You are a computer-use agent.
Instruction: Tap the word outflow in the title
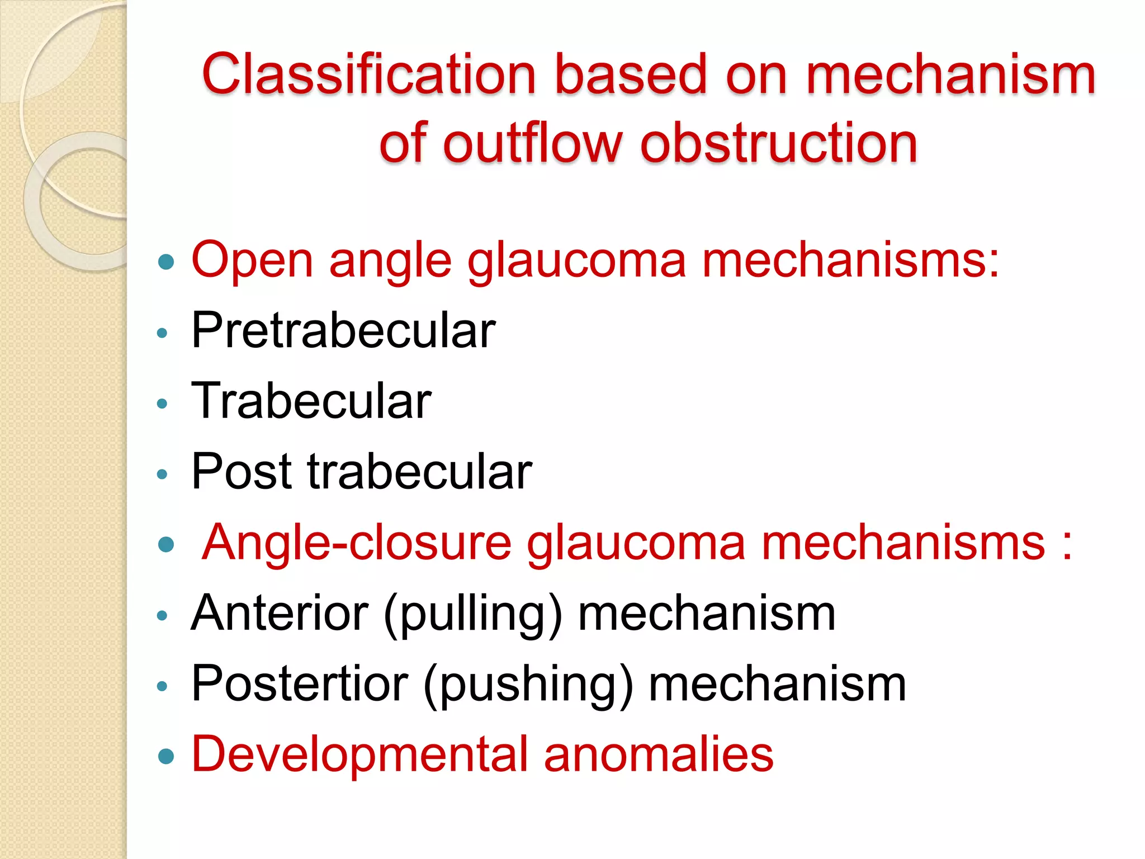[x=532, y=144]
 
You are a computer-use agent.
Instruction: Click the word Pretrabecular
[x=343, y=331]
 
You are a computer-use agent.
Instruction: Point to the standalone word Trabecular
[x=311, y=401]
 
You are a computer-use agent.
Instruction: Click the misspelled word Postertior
[x=300, y=684]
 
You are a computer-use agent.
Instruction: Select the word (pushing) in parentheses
[x=528, y=685]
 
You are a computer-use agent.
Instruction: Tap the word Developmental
[x=359, y=754]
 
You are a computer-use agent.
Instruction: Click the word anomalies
[x=659, y=754]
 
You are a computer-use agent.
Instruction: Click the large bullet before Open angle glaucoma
[x=166, y=262]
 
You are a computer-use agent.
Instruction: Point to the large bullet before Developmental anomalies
[x=166, y=757]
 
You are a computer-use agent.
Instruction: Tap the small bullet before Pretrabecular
[x=163, y=333]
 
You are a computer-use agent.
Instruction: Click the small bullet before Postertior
[x=163, y=686]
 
